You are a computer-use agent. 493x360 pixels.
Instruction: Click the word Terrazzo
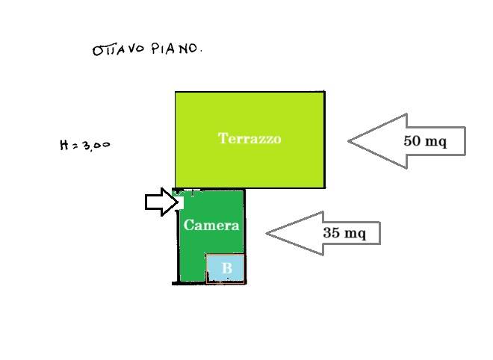pos(249,138)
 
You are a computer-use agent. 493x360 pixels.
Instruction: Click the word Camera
pos(211,225)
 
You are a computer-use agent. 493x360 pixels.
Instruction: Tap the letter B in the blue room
pos(226,268)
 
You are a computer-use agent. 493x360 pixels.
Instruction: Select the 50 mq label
pos(425,141)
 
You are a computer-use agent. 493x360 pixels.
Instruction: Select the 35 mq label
pos(344,233)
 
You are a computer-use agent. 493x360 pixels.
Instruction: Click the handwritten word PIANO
pos(176,49)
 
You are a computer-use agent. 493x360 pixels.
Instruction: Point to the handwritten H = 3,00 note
pos(85,145)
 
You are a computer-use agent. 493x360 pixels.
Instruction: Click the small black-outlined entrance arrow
pos(161,202)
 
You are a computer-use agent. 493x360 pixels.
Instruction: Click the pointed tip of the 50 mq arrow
pos(348,141)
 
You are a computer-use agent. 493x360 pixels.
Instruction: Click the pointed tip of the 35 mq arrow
pos(267,233)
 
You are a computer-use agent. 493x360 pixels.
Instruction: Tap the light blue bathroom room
pos(226,268)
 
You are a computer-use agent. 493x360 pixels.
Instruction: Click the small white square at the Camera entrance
pos(181,203)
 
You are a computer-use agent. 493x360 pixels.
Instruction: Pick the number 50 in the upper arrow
pos(412,140)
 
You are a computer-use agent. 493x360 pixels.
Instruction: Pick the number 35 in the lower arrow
pos(331,233)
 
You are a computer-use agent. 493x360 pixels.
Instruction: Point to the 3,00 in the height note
pos(96,146)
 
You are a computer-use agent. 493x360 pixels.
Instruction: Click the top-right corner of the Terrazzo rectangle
pos(324,92)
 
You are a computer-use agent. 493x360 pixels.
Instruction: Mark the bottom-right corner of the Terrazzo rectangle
pos(324,187)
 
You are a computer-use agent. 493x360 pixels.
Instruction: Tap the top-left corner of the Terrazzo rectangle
pos(176,92)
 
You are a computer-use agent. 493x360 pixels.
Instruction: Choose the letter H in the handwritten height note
pos(63,145)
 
